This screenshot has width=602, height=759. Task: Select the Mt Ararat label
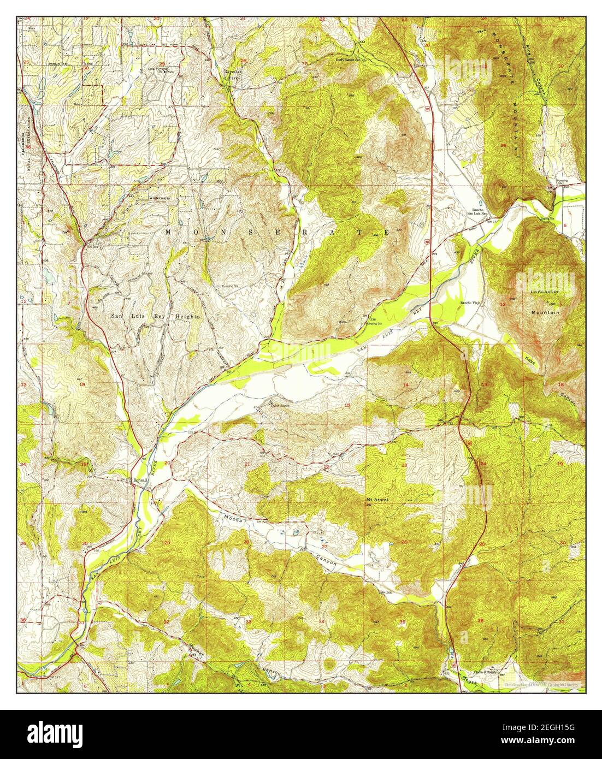point(377,499)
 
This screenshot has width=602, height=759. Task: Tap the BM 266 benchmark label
point(387,592)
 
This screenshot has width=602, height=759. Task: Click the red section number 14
point(405,385)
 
